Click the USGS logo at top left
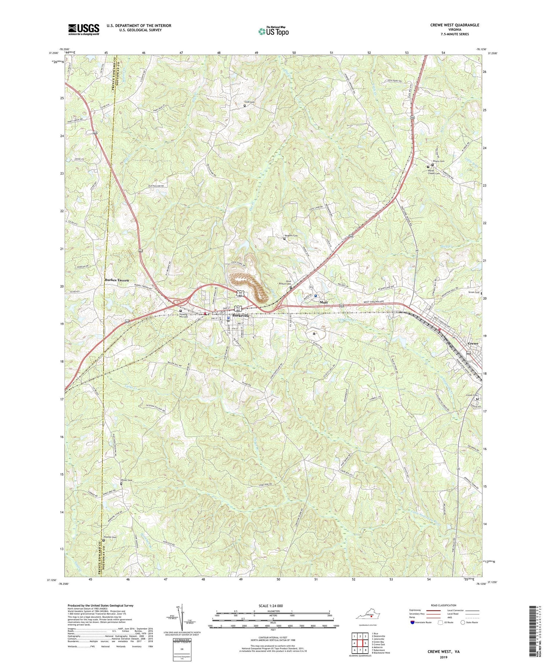(x=84, y=29)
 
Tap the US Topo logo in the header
(x=274, y=32)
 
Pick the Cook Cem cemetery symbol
(x=245, y=106)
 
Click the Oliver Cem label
(x=126, y=480)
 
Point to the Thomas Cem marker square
(x=103, y=540)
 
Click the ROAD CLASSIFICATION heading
(x=444, y=605)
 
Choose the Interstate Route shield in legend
(x=413, y=622)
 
